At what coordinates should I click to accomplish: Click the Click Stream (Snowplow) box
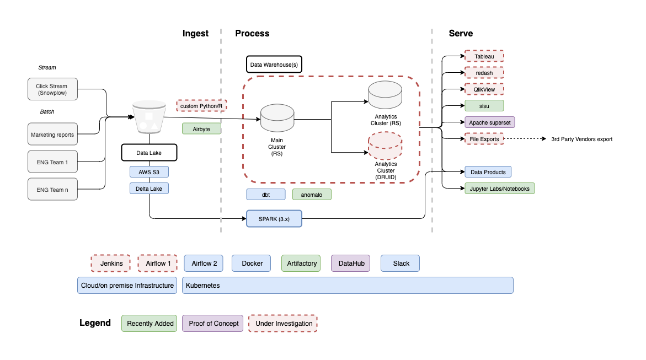pos(52,89)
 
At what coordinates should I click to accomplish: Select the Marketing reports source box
pos(52,135)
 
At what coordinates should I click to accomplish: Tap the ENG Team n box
pos(52,190)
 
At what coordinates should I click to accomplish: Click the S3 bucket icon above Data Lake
pos(149,117)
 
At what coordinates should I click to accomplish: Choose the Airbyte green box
pos(201,128)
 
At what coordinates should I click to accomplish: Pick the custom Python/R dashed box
pos(201,105)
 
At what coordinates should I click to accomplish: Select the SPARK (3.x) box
pos(274,219)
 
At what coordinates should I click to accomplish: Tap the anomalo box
pos(312,195)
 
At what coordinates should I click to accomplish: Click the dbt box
pos(265,195)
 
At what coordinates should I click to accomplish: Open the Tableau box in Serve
pos(484,56)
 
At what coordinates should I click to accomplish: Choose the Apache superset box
pos(489,122)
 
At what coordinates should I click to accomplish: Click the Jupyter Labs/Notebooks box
pos(499,189)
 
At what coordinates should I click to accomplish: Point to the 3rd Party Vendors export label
pos(581,139)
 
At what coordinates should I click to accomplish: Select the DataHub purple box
pos(350,264)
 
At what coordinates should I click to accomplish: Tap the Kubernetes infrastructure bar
pos(348,286)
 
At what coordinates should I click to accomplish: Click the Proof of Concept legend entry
pos(213,324)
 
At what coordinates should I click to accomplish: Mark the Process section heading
pos(252,34)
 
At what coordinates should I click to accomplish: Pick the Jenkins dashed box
pos(110,264)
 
